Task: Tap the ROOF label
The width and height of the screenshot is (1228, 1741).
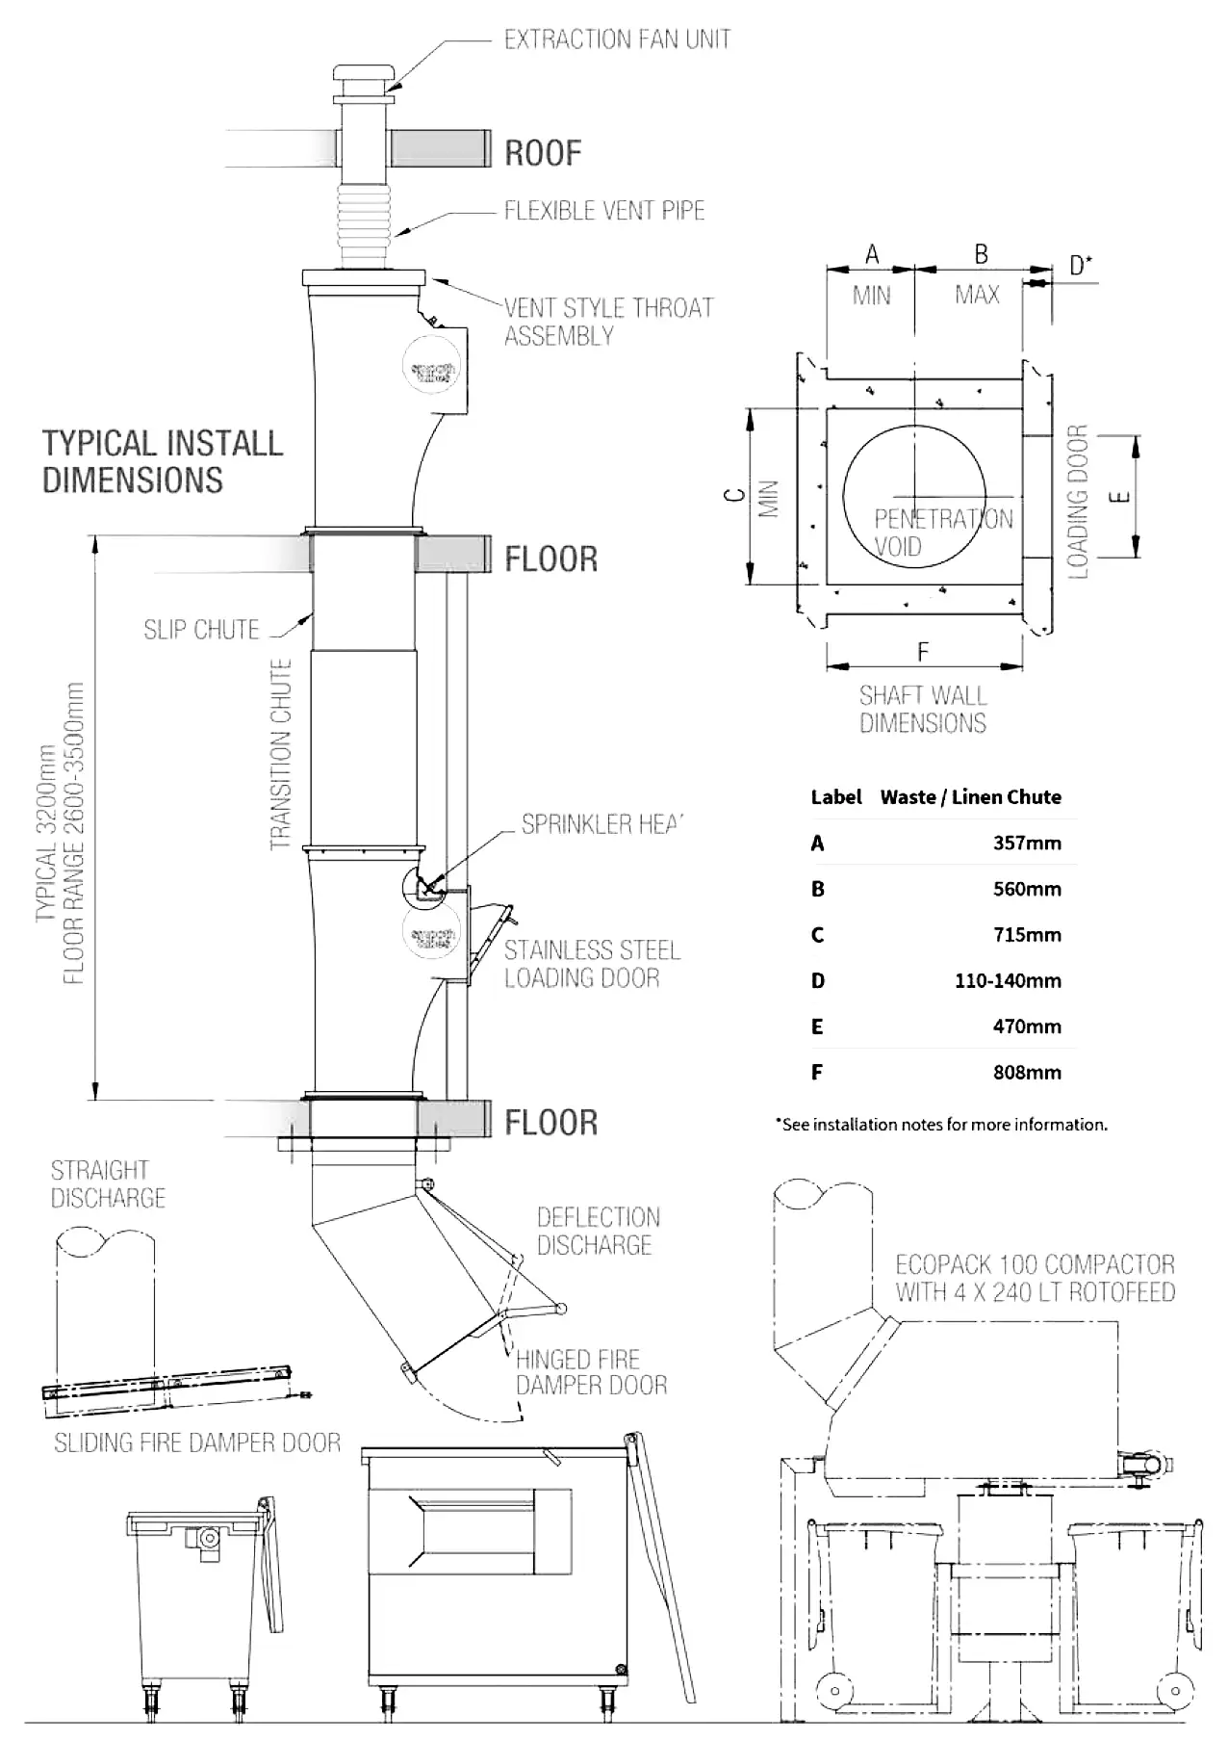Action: coord(543,153)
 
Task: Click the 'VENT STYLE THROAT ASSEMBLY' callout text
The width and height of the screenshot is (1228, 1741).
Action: coord(608,322)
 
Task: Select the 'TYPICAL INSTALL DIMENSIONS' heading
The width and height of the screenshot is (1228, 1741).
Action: coord(163,461)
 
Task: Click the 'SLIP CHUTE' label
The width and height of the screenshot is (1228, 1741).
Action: coord(201,630)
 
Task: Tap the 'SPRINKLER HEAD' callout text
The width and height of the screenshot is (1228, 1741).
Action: coord(601,824)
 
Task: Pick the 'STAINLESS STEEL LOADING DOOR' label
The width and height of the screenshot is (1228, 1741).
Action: coord(591,964)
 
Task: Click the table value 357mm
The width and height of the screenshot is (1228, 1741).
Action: coord(1027,844)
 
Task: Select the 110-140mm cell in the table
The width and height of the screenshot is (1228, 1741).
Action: coord(1008,981)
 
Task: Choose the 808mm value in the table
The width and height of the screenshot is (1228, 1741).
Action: coord(1027,1073)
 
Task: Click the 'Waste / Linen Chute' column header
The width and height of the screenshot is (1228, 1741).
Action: coord(970,797)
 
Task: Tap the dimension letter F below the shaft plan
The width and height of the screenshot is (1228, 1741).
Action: coord(923,653)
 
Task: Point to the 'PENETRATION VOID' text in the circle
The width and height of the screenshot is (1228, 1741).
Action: coord(942,533)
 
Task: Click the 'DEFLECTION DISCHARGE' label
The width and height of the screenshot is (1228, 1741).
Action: coord(598,1231)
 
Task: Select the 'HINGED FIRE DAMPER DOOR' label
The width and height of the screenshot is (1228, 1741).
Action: coord(591,1372)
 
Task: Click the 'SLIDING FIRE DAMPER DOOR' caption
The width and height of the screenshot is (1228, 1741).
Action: coord(197,1442)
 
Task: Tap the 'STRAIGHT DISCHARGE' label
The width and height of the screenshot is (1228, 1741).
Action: coord(108,1184)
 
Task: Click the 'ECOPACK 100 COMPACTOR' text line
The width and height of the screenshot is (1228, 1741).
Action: coord(1035,1264)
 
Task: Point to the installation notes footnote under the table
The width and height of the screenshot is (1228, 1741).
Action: coord(941,1125)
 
